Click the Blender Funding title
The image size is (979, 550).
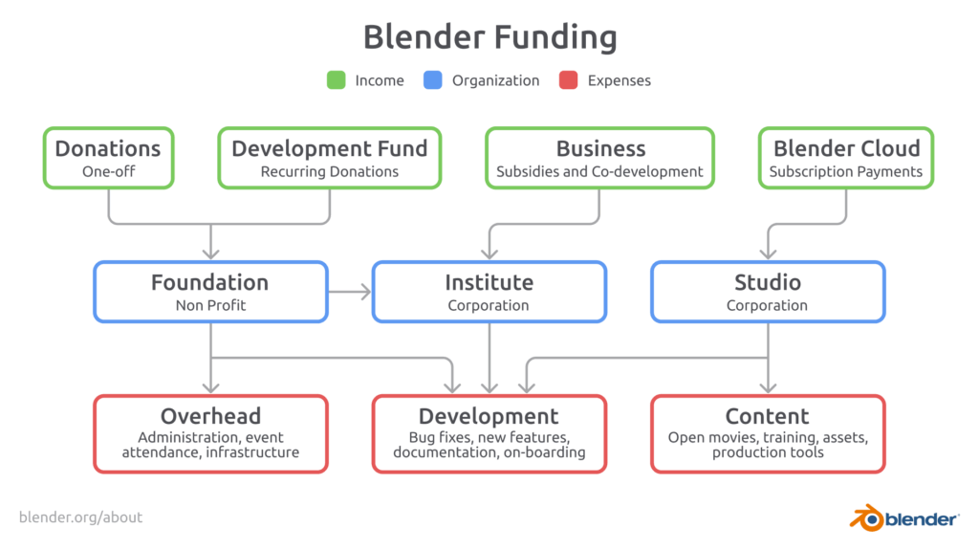(x=490, y=37)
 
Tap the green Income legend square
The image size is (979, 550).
(x=336, y=80)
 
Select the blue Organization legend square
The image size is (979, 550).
(x=433, y=80)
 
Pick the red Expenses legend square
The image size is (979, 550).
(x=568, y=80)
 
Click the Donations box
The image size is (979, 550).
(x=109, y=158)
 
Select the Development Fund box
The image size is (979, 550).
(x=330, y=158)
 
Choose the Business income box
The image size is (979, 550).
(x=600, y=158)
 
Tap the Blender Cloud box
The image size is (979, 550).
(x=846, y=158)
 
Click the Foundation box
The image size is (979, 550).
(x=211, y=292)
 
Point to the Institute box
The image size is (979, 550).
(x=489, y=292)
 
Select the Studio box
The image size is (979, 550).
(x=768, y=292)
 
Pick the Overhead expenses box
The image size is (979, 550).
(x=211, y=433)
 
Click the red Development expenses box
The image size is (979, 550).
(x=489, y=433)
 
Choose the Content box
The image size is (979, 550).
(x=768, y=433)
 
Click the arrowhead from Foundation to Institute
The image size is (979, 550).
(x=363, y=292)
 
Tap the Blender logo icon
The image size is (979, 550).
(x=866, y=517)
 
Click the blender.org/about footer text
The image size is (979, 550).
(x=80, y=517)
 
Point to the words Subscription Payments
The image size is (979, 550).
(x=846, y=172)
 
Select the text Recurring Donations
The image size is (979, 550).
(x=330, y=172)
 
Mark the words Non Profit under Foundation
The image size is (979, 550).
(x=211, y=306)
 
